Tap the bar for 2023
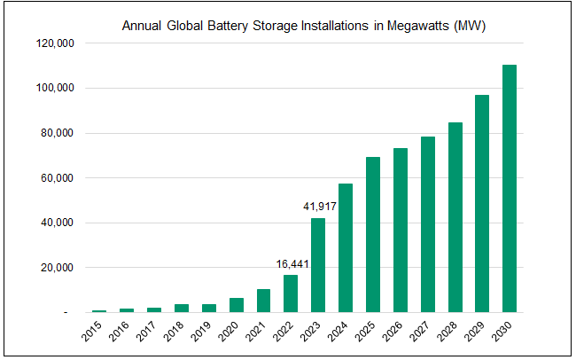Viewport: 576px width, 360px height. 318,265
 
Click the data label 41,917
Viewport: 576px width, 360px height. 318,207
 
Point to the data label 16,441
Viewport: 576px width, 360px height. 291,263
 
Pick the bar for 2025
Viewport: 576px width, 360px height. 373,234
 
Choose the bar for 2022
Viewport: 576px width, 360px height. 291,293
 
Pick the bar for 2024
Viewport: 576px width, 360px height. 346,247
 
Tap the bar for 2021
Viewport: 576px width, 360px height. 263,301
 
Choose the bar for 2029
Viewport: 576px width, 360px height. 482,203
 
